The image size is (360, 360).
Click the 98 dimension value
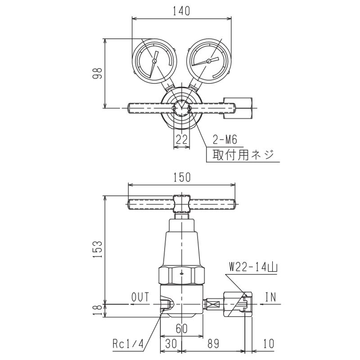tap(97, 73)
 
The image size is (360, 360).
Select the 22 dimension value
tap(182, 139)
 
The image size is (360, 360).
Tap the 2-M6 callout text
tap(225, 139)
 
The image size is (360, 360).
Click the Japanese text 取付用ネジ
tap(243, 154)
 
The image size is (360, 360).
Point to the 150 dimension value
tap(182, 177)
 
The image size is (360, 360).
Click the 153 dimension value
tap(97, 249)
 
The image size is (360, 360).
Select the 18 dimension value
tap(97, 310)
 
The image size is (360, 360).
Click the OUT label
tap(140, 297)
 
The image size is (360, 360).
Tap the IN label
tap(271, 297)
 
